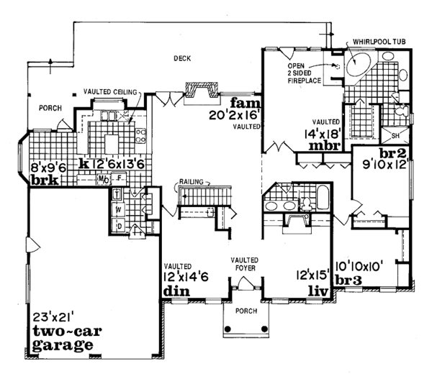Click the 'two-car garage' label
[x=63, y=337]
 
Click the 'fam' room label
[x=238, y=102]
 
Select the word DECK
[x=181, y=58]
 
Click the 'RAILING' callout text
[x=193, y=183]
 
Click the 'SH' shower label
[x=396, y=135]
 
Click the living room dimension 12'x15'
[x=312, y=273]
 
